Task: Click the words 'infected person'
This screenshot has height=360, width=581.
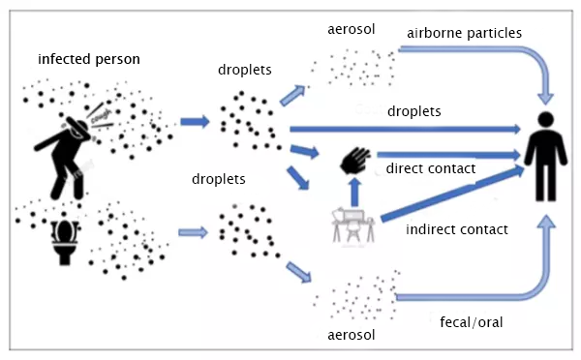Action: [90, 59]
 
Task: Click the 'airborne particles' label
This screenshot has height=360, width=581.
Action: [465, 32]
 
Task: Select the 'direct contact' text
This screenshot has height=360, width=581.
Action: [431, 169]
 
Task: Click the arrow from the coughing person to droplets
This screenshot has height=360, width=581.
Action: [193, 122]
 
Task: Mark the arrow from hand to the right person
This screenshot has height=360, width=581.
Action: [445, 153]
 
